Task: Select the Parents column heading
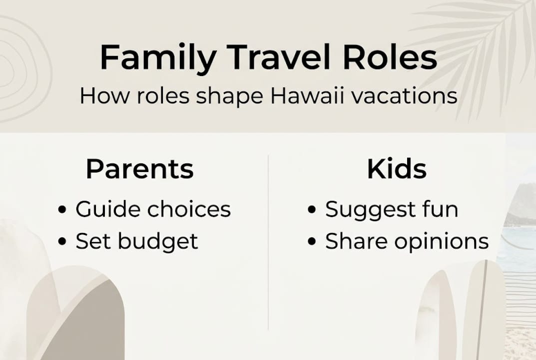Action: pyautogui.click(x=139, y=169)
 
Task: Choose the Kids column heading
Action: pyautogui.click(x=397, y=169)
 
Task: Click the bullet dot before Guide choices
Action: pyautogui.click(x=62, y=210)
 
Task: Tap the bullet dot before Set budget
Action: pyautogui.click(x=62, y=242)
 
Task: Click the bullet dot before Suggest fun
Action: pyautogui.click(x=312, y=210)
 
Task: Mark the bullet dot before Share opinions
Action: pyautogui.click(x=312, y=242)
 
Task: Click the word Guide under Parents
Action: pyautogui.click(x=103, y=209)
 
